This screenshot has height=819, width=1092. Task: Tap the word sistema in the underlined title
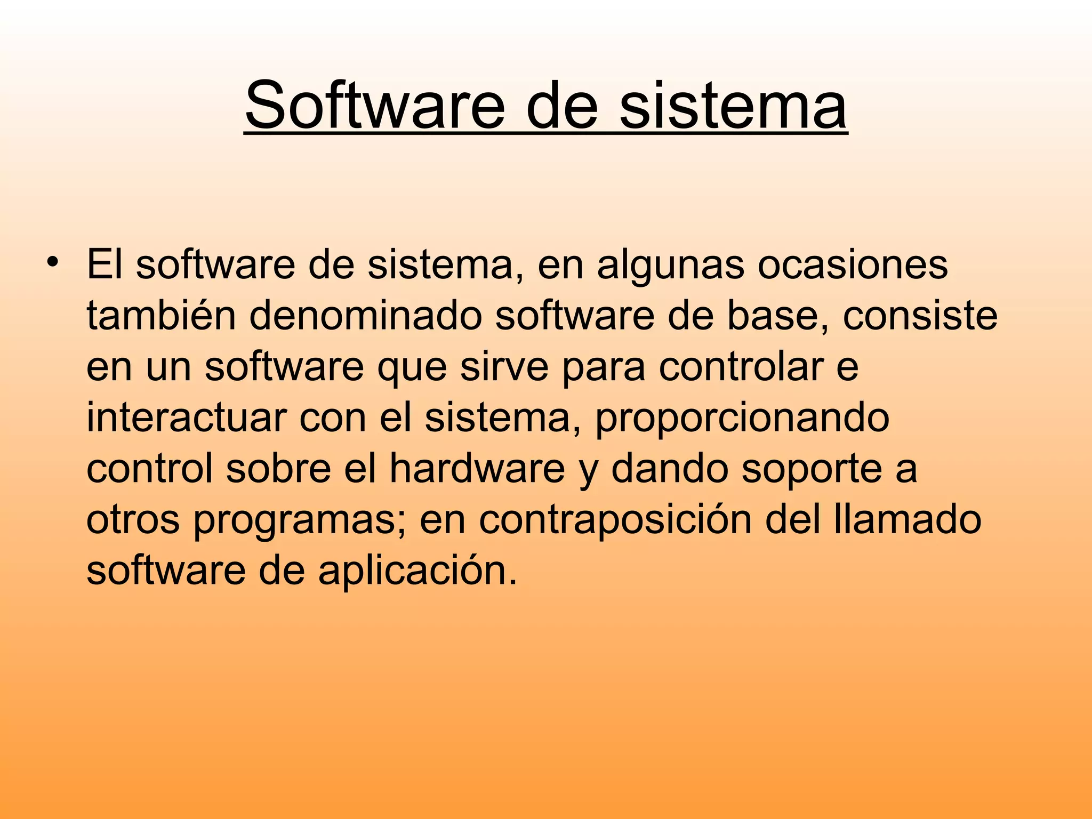[x=733, y=105]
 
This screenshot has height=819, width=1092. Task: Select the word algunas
[x=670, y=265]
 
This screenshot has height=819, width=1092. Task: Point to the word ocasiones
[x=853, y=265]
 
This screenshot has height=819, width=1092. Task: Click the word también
[x=161, y=316]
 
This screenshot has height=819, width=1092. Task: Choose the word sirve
[x=504, y=367]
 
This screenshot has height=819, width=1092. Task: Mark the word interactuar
[x=186, y=418]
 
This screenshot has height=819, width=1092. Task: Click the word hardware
[x=477, y=469]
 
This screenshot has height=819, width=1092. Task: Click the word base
[x=777, y=316]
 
